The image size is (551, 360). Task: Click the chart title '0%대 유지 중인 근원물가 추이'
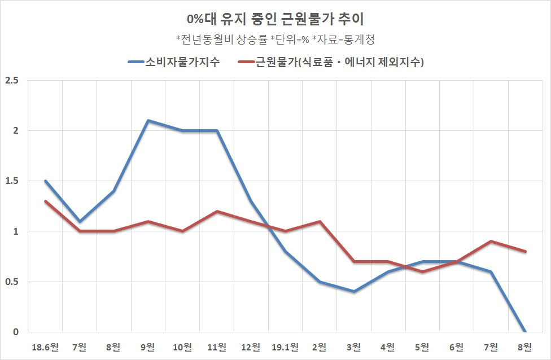(275, 19)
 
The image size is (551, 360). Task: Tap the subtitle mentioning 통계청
(275, 39)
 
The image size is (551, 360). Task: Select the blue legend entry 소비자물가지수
(174, 62)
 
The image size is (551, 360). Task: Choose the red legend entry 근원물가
(331, 62)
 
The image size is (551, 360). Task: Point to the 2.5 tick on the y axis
(12, 81)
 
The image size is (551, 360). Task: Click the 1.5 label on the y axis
(12, 181)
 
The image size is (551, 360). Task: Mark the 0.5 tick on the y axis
(12, 282)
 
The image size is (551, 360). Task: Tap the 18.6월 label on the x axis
(45, 348)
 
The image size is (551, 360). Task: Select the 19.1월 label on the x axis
(285, 348)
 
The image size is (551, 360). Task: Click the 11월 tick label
(217, 348)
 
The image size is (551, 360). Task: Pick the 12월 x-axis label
(251, 348)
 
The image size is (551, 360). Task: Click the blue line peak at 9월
(148, 120)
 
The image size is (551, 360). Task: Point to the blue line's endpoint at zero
(526, 332)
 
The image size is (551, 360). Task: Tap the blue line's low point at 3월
(354, 292)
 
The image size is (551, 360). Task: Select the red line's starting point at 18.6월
(45, 201)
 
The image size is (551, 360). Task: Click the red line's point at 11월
(217, 212)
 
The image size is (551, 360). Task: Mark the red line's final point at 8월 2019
(526, 252)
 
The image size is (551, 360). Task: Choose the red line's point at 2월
(320, 221)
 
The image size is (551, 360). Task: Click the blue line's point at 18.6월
(45, 181)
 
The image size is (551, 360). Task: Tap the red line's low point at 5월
(422, 271)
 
